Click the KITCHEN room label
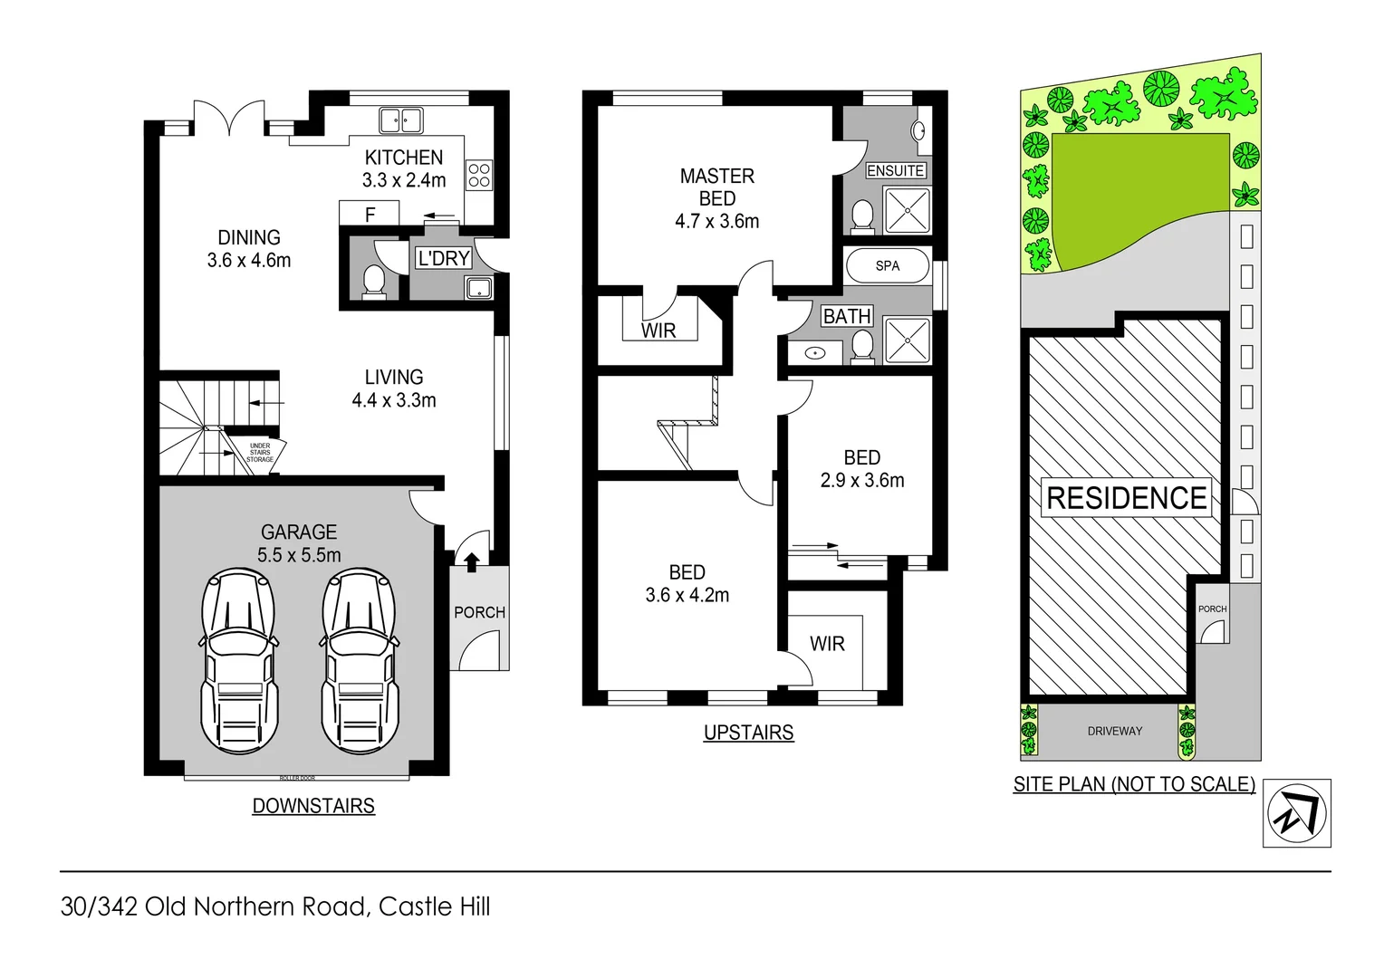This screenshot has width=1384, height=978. [404, 158]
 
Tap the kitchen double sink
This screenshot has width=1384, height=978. [400, 120]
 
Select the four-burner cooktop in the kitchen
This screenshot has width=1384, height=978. [479, 175]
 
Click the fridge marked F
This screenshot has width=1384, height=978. [370, 215]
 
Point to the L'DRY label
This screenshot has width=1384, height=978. [443, 258]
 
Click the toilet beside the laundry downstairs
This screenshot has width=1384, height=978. [373, 280]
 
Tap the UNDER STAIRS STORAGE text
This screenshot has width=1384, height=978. [260, 453]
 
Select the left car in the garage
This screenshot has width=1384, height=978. [237, 661]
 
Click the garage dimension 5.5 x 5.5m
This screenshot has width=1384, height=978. [299, 555]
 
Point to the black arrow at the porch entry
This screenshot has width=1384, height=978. [471, 562]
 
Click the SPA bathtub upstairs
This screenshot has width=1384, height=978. [888, 266]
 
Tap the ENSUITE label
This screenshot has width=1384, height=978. [895, 170]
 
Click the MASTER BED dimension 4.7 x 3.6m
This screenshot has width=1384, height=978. [716, 221]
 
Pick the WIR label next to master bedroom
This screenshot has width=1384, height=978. [658, 331]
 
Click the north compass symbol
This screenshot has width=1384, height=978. [1297, 813]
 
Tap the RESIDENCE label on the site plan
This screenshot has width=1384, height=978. [1126, 498]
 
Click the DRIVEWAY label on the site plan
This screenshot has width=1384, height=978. [1114, 731]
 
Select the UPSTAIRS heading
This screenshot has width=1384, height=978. [748, 733]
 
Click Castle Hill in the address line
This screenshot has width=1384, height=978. [434, 906]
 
